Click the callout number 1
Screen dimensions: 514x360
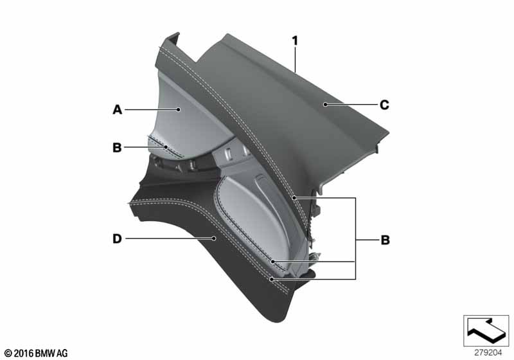point(295,41)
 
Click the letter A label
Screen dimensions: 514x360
point(118,109)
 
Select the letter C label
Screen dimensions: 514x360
point(384,105)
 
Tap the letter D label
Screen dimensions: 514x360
point(117,239)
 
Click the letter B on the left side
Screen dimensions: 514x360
point(117,148)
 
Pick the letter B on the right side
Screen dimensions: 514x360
point(385,240)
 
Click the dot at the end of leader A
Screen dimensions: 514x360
point(179,109)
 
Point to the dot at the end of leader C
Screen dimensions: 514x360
point(325,105)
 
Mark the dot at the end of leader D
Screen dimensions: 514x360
point(214,239)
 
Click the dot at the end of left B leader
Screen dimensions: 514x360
point(166,147)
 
